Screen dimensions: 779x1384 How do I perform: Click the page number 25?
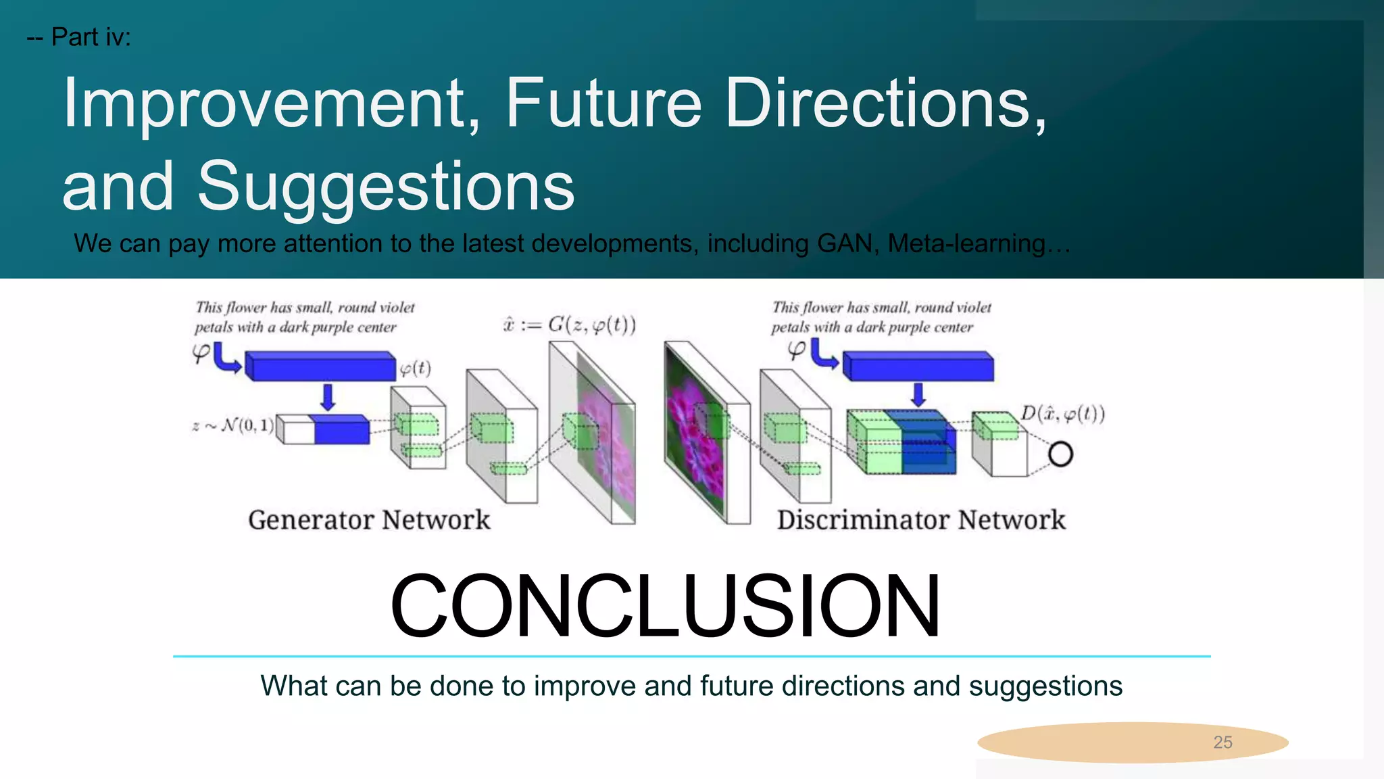click(x=1222, y=742)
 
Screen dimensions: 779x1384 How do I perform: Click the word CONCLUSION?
click(x=665, y=606)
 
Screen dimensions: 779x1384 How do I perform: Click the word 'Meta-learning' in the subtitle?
click(x=966, y=243)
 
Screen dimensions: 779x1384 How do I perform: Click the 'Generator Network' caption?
click(x=369, y=520)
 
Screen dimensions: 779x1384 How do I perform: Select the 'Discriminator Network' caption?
click(x=920, y=520)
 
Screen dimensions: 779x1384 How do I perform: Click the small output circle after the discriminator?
click(x=1060, y=454)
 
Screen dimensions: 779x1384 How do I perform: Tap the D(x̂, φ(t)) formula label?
click(x=1062, y=414)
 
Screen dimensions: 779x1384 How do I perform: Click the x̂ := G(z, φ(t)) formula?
click(x=569, y=325)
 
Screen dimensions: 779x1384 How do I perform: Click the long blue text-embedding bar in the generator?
click(x=320, y=367)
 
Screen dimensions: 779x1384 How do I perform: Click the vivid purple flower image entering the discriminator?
click(x=694, y=433)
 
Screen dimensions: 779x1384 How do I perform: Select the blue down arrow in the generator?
click(x=328, y=398)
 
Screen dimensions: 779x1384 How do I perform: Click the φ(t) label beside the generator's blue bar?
click(x=415, y=369)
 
